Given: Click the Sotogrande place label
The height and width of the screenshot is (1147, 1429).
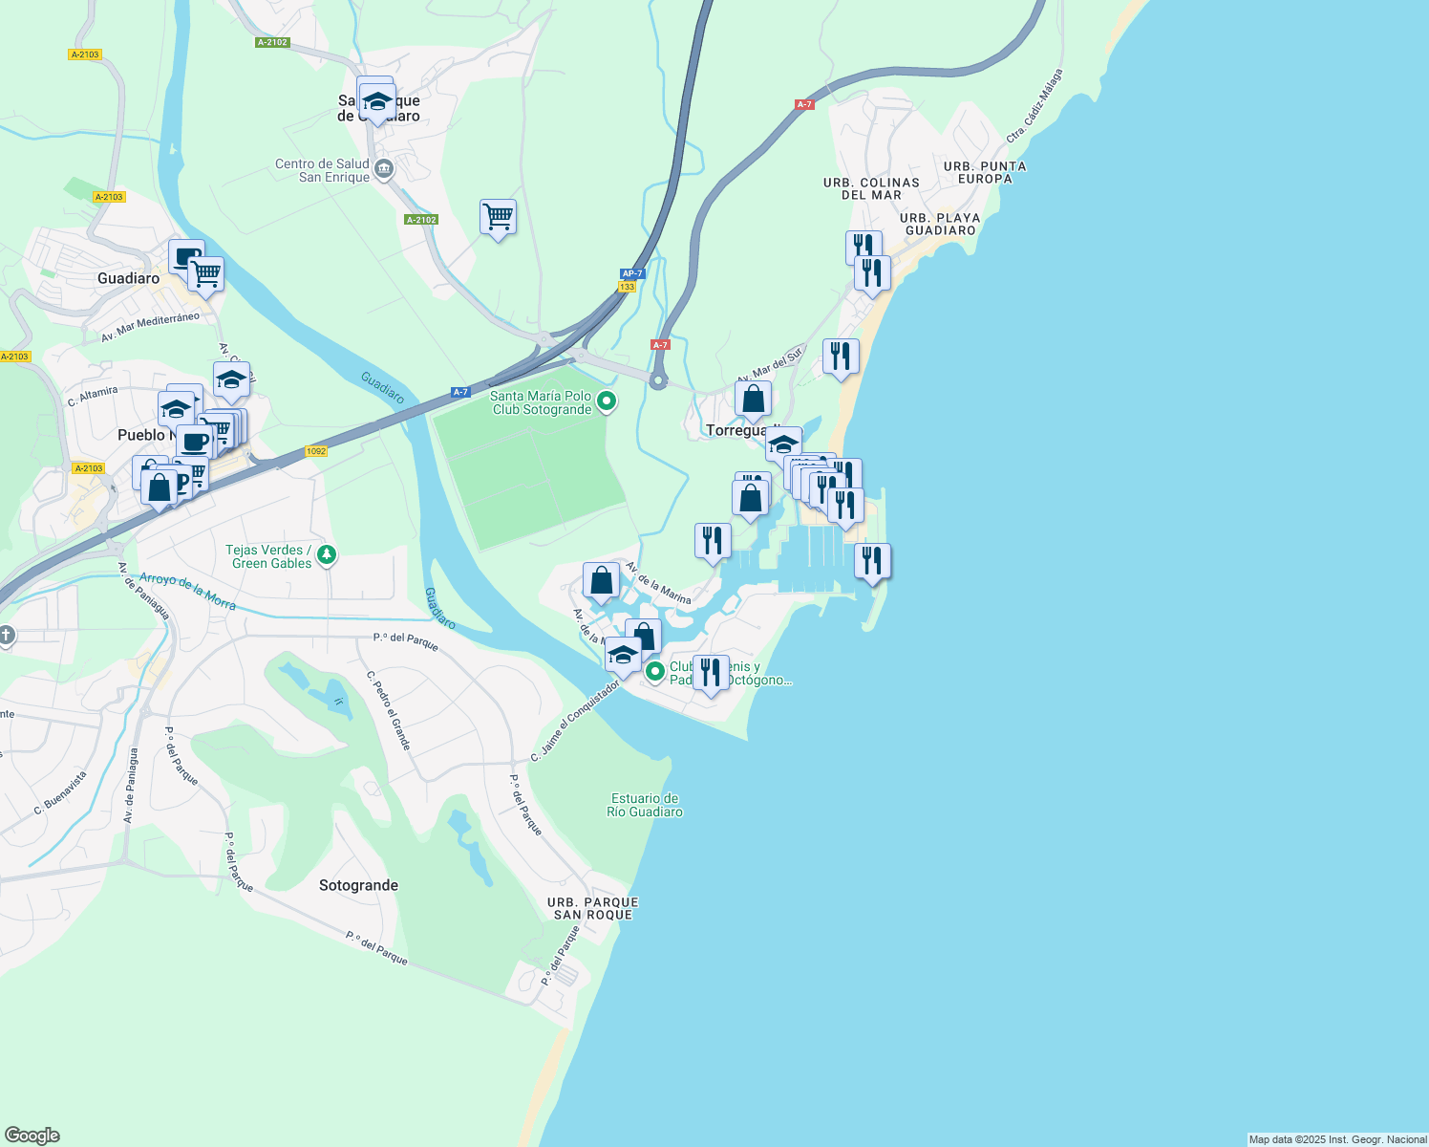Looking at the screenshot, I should [358, 885].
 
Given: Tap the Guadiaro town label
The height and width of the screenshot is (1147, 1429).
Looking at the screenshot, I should [128, 278].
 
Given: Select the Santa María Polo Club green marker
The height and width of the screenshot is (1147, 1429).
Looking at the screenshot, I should [607, 402].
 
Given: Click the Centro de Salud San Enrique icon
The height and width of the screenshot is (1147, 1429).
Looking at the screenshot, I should [384, 170].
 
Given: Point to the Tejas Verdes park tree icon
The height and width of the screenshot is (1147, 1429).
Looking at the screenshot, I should [327, 555].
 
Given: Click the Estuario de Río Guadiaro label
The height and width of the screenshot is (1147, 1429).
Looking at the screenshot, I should [646, 805].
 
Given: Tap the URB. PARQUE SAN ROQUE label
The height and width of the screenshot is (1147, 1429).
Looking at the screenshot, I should [592, 908].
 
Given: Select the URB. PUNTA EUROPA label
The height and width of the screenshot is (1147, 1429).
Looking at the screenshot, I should [985, 172].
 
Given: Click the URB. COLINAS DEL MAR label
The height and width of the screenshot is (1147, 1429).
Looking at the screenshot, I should [871, 188].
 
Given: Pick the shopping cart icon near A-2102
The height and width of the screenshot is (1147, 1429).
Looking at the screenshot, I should [498, 217].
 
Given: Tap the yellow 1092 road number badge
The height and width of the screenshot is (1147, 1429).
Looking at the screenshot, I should [316, 451].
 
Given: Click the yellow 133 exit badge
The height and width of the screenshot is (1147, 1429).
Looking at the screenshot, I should [627, 287].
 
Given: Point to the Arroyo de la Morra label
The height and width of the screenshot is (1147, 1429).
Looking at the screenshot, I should [187, 591].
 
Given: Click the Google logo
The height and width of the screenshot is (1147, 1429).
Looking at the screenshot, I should [32, 1136].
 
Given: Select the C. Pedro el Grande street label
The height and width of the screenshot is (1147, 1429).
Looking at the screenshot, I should [389, 710].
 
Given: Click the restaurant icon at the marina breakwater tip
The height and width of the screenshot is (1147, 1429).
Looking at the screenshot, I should [872, 560].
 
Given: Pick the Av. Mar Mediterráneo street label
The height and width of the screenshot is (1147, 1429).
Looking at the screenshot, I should [150, 326].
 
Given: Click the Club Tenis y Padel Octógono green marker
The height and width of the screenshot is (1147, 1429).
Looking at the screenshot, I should [654, 672].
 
